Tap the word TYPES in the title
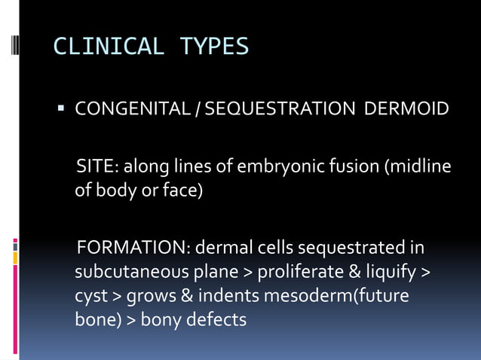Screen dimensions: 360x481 pyautogui.click(x=214, y=47)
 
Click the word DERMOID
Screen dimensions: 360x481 pyautogui.click(x=406, y=111)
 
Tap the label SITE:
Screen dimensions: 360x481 pyautogui.click(x=97, y=166)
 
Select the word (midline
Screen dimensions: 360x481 pyautogui.click(x=419, y=166)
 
